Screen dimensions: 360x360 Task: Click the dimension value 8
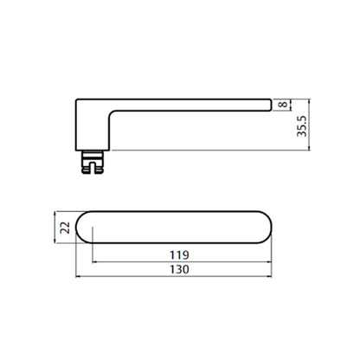(x=284, y=104)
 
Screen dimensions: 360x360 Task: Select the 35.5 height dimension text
(x=302, y=126)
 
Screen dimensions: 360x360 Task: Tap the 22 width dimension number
(x=65, y=228)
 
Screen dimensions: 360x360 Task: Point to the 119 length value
(x=179, y=255)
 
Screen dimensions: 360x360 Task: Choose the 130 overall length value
(x=179, y=269)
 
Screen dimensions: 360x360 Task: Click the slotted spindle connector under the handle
(x=93, y=162)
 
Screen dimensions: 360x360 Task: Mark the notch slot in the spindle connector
(x=93, y=168)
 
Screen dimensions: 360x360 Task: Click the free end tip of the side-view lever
(x=271, y=105)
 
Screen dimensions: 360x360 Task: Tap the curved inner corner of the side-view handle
(x=112, y=113)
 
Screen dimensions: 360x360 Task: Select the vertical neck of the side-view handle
(x=93, y=130)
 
